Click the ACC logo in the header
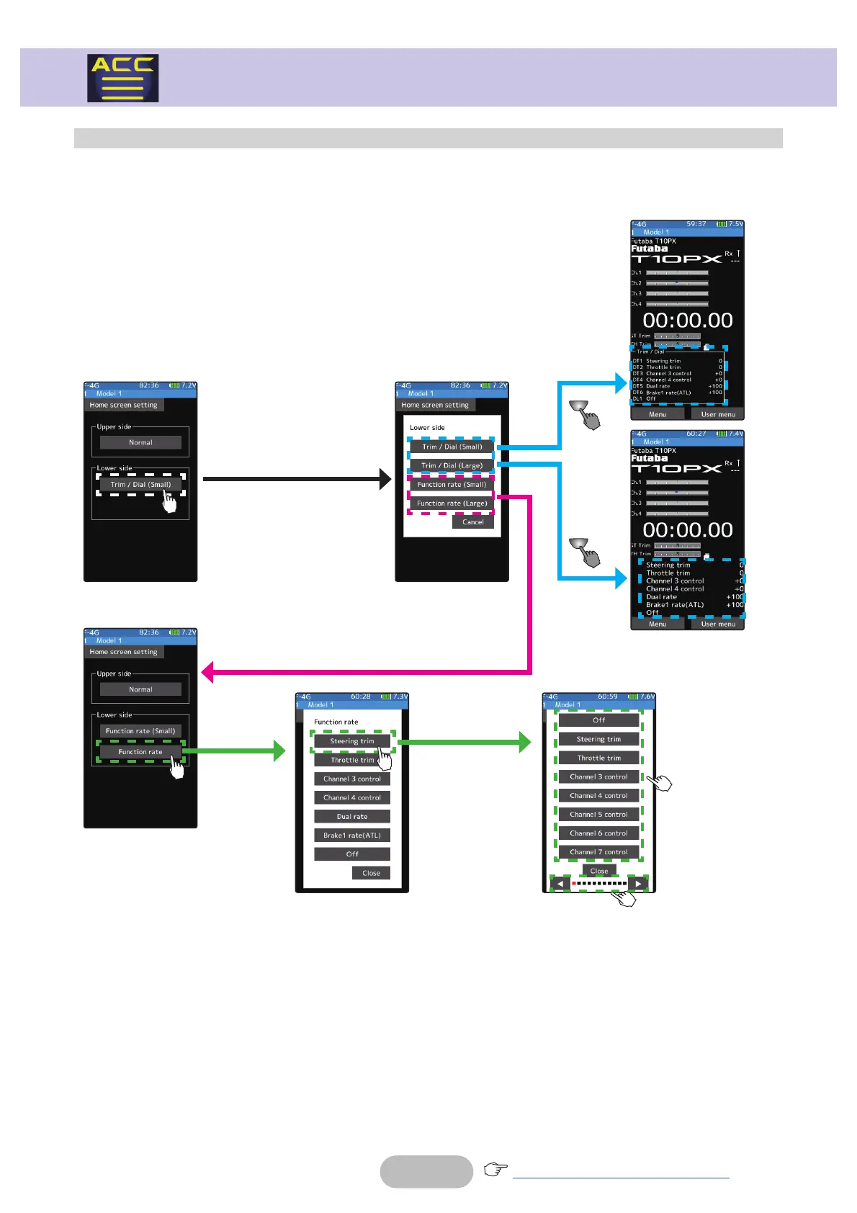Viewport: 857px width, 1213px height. pyautogui.click(x=123, y=78)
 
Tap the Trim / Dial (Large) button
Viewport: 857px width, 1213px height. pyautogui.click(x=452, y=465)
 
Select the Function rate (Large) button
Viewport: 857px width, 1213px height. pyautogui.click(x=452, y=503)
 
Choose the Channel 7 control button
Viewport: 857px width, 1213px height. pyautogui.click(x=598, y=852)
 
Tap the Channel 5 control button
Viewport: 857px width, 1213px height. pyautogui.click(x=598, y=815)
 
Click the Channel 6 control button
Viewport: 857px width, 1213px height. pyautogui.click(x=598, y=833)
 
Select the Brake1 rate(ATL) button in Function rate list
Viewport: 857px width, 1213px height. pyautogui.click(x=352, y=836)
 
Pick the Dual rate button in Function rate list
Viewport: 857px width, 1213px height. pyautogui.click(x=352, y=817)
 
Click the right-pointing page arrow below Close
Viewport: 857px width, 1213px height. pyautogui.click(x=637, y=883)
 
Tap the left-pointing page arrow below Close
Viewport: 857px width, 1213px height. pyautogui.click(x=560, y=883)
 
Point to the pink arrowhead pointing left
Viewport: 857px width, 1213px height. pyautogui.click(x=207, y=673)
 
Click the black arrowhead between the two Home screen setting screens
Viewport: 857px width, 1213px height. pyautogui.click(x=385, y=479)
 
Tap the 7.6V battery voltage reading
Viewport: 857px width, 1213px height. pyautogui.click(x=647, y=697)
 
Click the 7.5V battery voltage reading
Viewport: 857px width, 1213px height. pyautogui.click(x=735, y=224)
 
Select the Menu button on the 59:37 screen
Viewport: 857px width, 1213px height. pyautogui.click(x=658, y=414)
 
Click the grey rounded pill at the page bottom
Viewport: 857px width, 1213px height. pyautogui.click(x=426, y=1171)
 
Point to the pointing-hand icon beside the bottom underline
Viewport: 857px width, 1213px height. pyautogui.click(x=495, y=1169)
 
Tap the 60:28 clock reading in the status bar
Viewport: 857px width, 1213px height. pyautogui.click(x=361, y=697)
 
